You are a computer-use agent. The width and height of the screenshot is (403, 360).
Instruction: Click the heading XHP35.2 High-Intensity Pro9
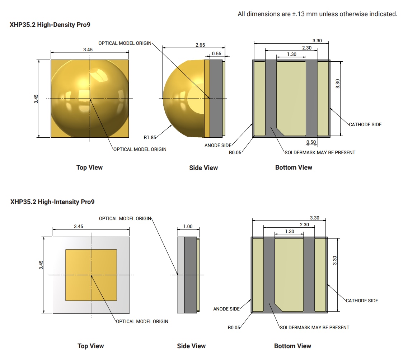tap(52, 202)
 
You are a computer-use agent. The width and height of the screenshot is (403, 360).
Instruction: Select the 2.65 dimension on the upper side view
tap(200, 45)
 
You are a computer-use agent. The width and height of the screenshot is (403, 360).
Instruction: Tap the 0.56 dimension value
tap(216, 54)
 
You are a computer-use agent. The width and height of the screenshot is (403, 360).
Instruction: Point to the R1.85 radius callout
tap(150, 137)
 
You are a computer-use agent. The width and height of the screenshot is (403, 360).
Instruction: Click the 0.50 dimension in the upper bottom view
tap(311, 142)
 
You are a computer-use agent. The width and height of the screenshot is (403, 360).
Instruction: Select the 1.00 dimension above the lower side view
tap(188, 227)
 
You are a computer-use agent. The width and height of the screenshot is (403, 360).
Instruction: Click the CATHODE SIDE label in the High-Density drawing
tap(365, 124)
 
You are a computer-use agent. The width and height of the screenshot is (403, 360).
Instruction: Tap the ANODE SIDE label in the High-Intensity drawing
tap(226, 309)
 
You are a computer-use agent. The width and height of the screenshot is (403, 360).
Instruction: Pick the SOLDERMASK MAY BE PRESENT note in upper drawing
tap(320, 152)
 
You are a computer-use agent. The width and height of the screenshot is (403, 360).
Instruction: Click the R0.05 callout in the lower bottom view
tap(234, 327)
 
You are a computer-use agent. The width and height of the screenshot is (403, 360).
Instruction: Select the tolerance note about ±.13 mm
tap(317, 14)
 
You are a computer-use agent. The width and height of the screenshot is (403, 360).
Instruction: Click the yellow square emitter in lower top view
tap(91, 275)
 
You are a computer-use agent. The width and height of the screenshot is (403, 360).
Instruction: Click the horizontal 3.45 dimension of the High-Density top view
tap(88, 49)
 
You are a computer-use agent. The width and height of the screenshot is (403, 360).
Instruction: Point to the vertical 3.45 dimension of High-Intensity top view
tap(41, 265)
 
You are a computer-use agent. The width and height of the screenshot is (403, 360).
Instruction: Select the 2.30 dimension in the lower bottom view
tap(304, 225)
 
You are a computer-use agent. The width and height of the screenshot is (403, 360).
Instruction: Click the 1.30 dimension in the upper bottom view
tap(292, 54)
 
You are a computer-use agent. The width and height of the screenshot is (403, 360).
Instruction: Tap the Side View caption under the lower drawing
tap(191, 346)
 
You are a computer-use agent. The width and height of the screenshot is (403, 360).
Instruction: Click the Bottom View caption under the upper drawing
tap(294, 167)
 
